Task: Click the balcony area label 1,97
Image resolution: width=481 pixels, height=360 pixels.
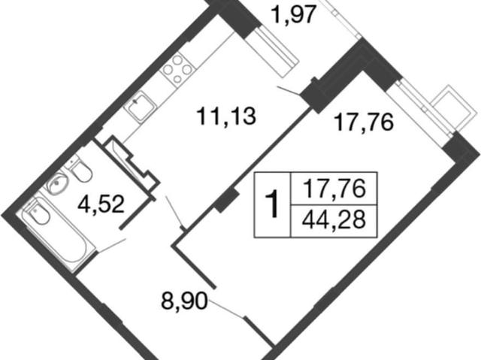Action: point(294,15)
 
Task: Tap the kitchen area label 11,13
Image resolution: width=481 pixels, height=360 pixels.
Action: point(227,116)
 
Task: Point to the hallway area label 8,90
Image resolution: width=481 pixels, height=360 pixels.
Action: point(184,301)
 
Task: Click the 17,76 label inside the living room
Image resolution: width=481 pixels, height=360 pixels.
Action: point(365,123)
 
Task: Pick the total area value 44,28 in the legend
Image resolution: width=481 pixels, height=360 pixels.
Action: point(334,220)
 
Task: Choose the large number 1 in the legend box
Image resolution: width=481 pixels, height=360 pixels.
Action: point(272,204)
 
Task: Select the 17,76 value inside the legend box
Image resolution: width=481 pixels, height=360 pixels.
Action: point(334,189)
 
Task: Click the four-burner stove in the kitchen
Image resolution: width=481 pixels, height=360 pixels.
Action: point(177,70)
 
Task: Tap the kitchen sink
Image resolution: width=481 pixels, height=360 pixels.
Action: point(141,107)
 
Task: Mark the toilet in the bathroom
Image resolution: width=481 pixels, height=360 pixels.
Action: point(79,169)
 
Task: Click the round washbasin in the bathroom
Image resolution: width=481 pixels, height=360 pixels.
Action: point(58,183)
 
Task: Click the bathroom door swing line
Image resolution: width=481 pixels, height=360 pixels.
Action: point(111,246)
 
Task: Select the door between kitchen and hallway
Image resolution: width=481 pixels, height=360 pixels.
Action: point(174,212)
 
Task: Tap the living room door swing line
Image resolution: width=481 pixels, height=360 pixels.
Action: point(227,310)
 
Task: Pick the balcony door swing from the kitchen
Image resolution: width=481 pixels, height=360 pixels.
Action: point(289,91)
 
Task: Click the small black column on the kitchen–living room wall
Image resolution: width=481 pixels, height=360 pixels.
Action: point(226,201)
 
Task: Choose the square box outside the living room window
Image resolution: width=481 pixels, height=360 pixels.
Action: point(454,108)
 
